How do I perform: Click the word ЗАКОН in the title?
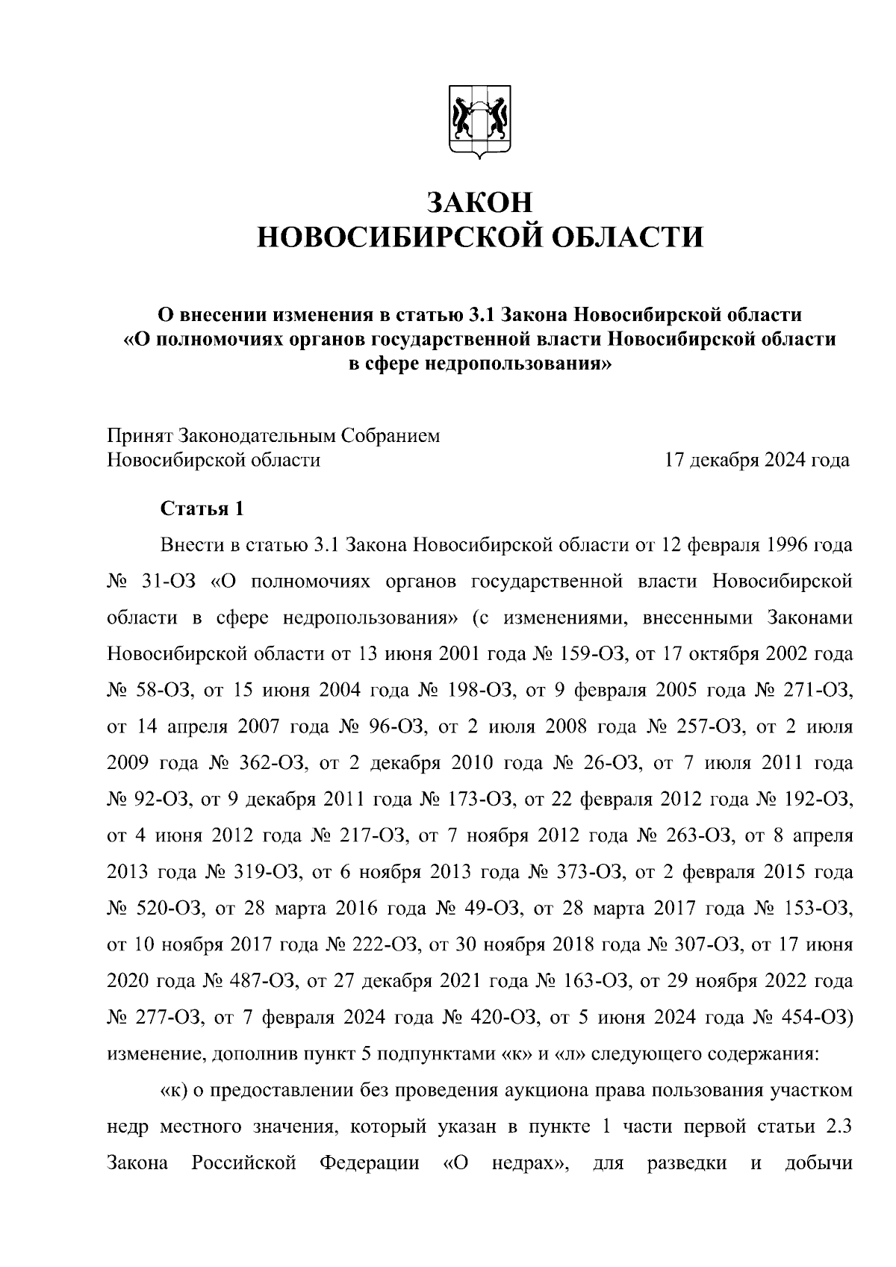480,203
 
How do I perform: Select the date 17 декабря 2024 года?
757,460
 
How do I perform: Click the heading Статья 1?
202,509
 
